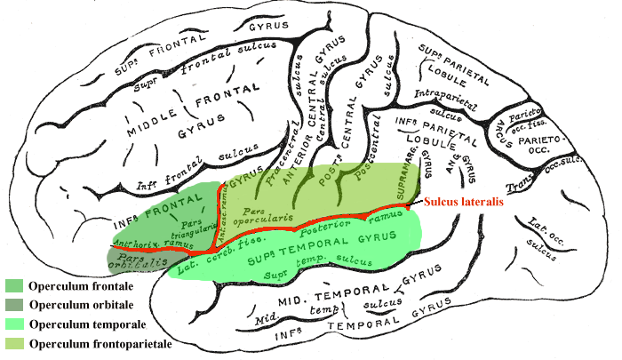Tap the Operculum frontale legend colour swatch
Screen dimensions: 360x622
pos(14,286)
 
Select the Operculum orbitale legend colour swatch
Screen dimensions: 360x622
pos(14,305)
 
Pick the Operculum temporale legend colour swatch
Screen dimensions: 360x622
pos(14,324)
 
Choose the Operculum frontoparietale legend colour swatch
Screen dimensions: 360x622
pos(14,342)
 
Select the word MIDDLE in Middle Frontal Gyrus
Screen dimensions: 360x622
pos(157,130)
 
